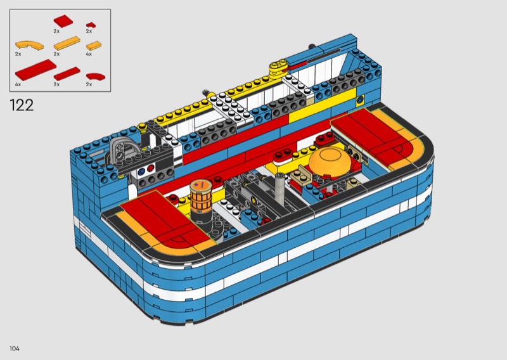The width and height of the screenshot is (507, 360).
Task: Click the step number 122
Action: coord(22,105)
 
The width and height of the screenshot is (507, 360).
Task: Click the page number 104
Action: coord(15,349)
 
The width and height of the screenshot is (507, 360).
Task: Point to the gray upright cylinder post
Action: coord(280,189)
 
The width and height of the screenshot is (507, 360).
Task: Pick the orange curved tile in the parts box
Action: coord(29,45)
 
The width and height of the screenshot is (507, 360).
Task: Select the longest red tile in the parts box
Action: coord(35,70)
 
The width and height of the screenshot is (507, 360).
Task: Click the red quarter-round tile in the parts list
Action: coord(96,76)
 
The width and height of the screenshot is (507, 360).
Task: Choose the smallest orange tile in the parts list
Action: coord(94,46)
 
